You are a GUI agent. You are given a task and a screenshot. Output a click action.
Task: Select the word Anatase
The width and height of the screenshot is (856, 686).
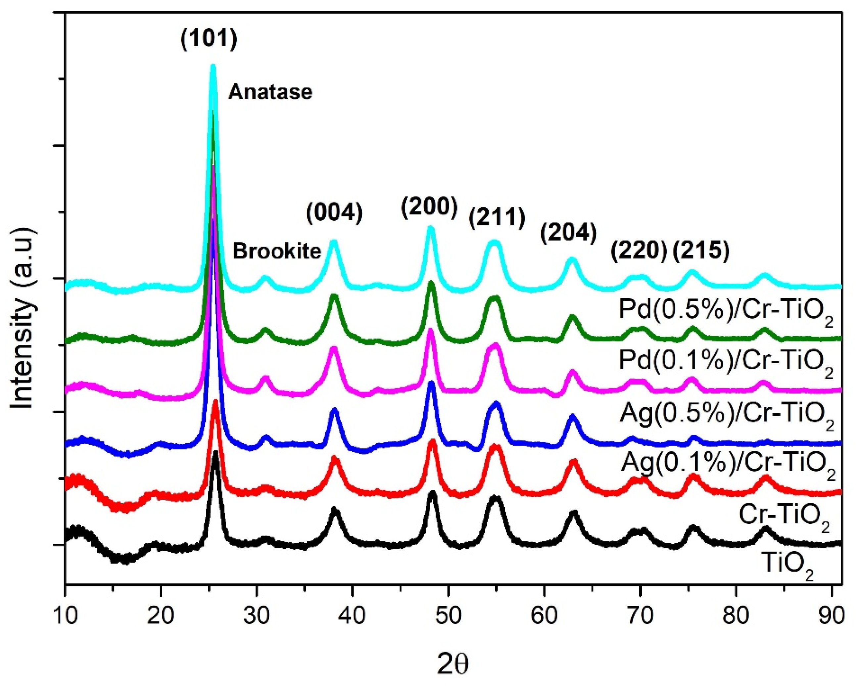tap(270, 92)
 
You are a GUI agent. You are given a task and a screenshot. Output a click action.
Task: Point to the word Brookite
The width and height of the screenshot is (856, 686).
tap(277, 251)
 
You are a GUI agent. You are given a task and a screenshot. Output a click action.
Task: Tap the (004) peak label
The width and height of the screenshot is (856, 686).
tap(334, 213)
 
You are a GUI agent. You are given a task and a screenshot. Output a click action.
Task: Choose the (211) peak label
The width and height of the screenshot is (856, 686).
tap(497, 218)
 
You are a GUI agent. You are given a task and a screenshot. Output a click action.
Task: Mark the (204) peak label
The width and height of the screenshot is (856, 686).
tap(568, 234)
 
